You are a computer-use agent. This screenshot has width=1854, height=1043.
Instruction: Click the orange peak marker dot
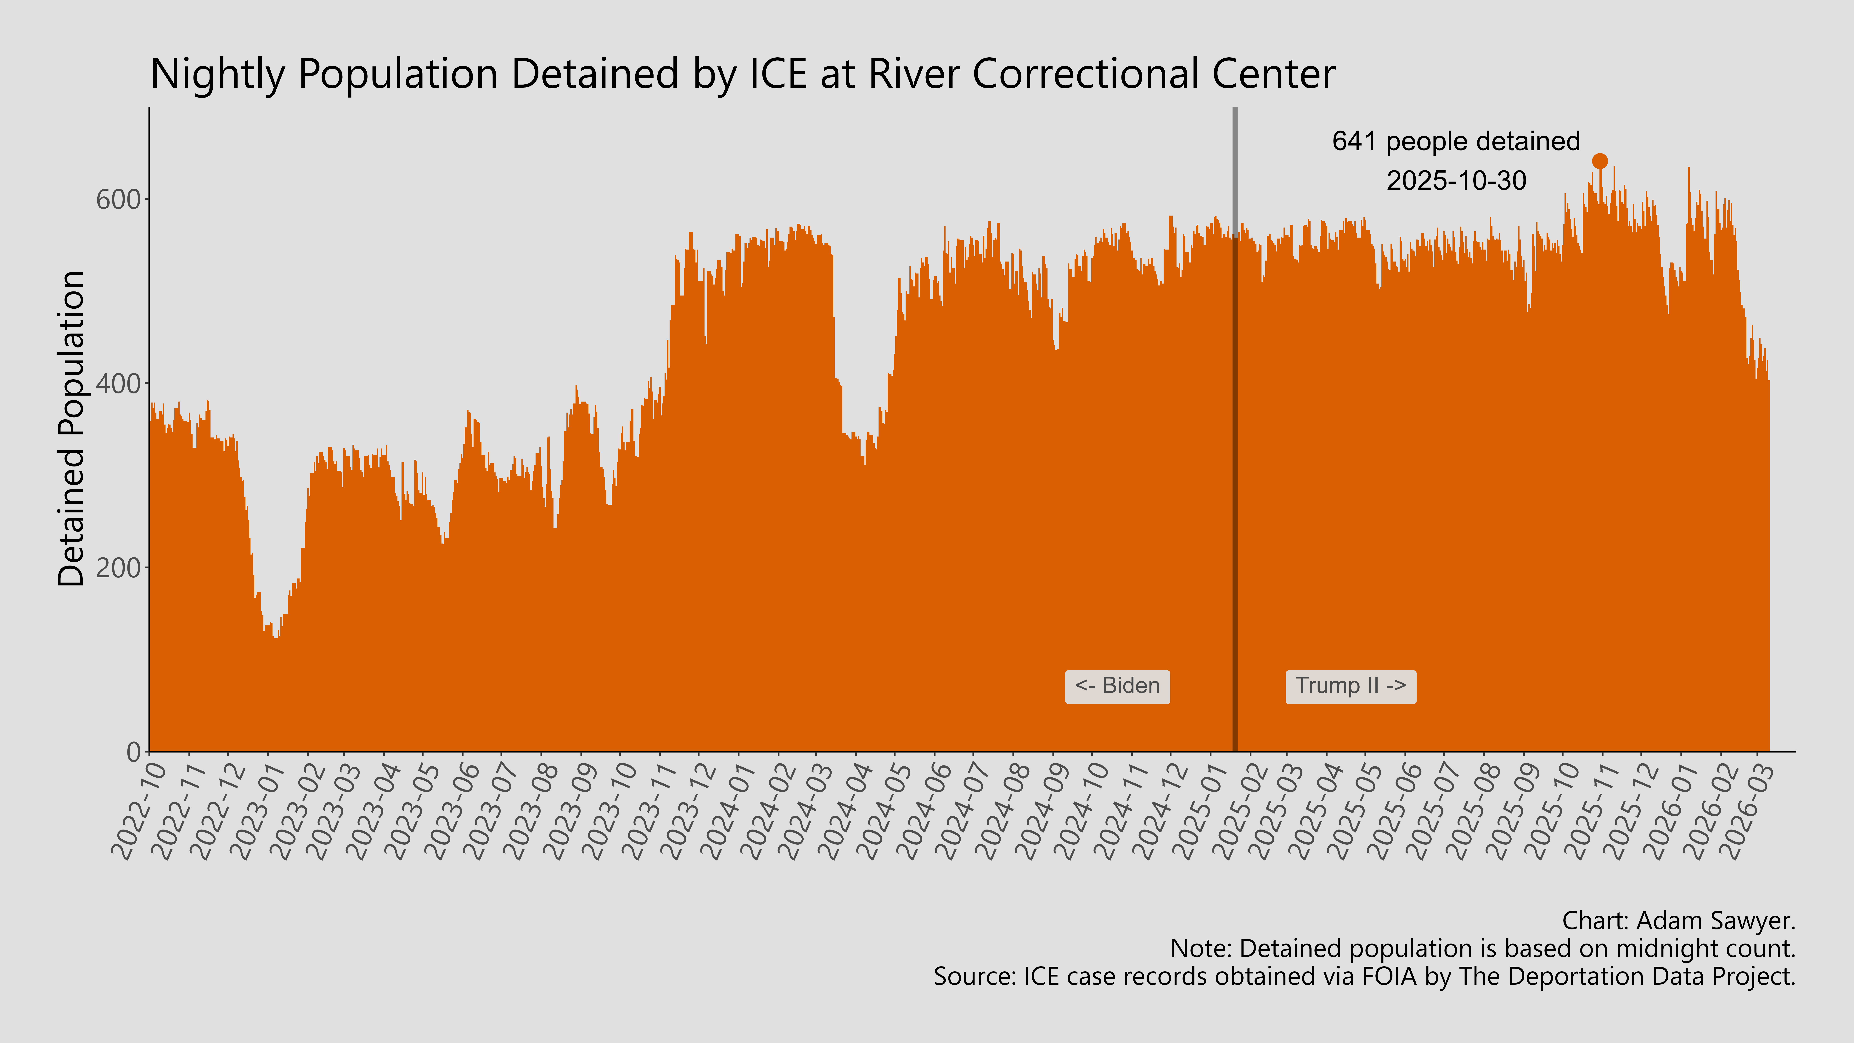click(x=1599, y=161)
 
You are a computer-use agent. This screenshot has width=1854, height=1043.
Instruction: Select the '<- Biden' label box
click(x=1117, y=686)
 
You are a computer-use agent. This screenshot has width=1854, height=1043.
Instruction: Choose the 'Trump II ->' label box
click(x=1350, y=686)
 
